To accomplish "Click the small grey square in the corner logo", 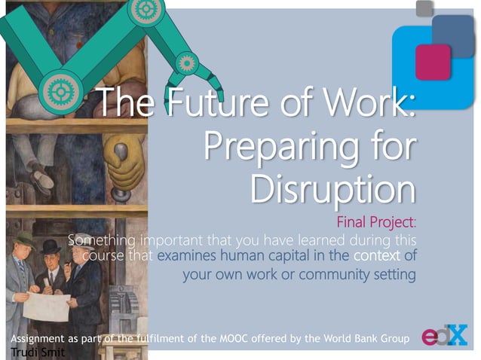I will (x=425, y=8).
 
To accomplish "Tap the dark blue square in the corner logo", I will (x=452, y=32).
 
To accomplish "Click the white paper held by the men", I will (x=47, y=305).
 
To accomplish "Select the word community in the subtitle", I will (x=332, y=274).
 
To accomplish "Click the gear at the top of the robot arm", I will (x=141, y=9).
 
